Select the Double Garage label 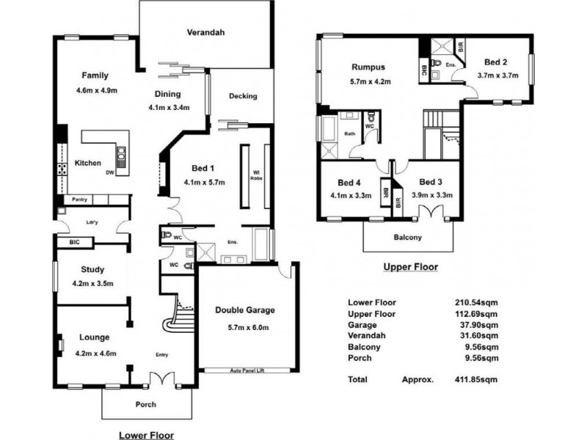(244, 309)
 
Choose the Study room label (92, 269)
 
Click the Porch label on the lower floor (147, 404)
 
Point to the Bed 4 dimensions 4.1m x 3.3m (349, 195)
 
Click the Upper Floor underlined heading (410, 268)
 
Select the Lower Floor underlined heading (147, 434)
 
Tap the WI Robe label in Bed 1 (256, 174)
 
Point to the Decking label (243, 96)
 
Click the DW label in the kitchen (109, 173)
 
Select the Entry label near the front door (162, 355)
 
